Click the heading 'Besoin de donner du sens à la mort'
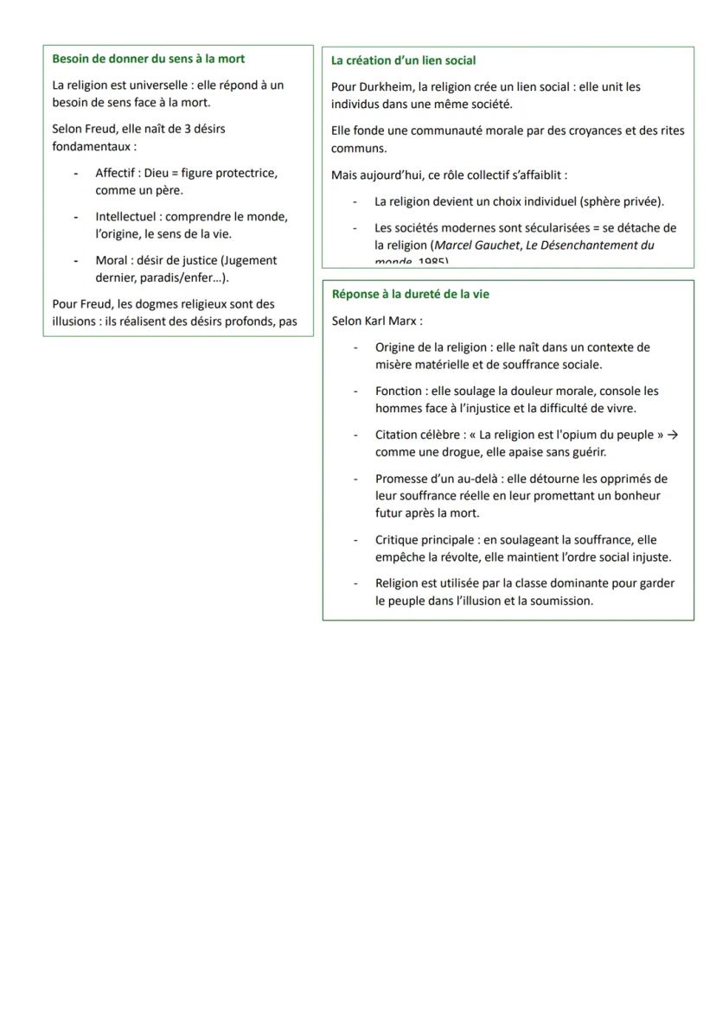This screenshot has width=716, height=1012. (x=148, y=59)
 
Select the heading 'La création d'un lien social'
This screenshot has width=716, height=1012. (x=403, y=60)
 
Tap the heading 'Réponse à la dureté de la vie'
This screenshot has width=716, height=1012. (x=410, y=294)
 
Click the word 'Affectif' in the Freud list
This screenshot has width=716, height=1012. (x=117, y=173)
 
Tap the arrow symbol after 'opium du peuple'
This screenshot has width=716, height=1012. (x=674, y=435)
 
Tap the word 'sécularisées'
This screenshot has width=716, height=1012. (x=539, y=227)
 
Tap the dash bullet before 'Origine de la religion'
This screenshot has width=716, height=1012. (x=355, y=347)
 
